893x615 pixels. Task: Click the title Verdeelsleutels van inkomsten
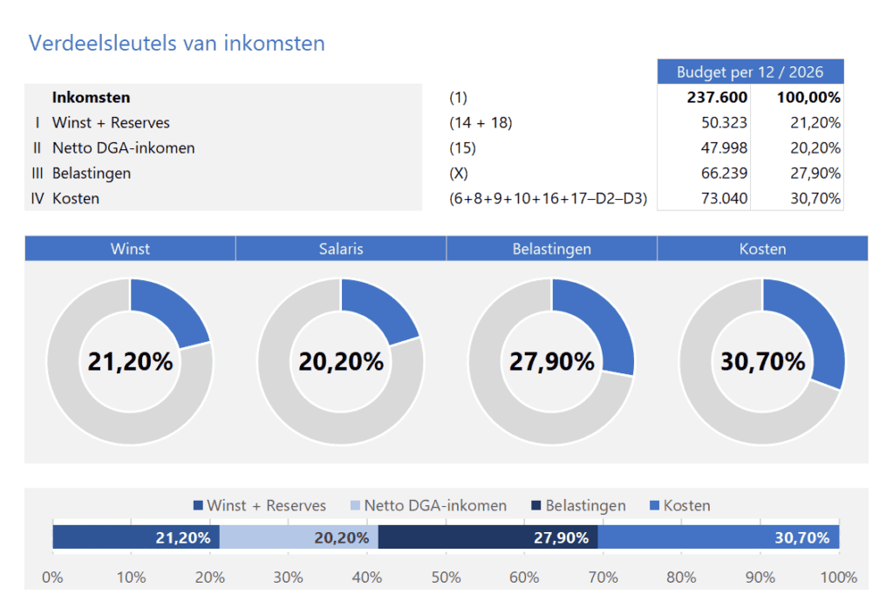point(176,43)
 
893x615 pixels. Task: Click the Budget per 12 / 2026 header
point(750,72)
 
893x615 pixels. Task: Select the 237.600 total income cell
point(717,98)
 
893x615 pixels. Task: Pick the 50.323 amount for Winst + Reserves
point(724,123)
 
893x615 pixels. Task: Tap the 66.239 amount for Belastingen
point(724,174)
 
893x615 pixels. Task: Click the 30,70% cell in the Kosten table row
point(815,199)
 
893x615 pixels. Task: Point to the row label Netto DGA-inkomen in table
point(123,148)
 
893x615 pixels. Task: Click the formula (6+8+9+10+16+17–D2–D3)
point(548,199)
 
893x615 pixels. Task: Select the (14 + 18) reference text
point(481,123)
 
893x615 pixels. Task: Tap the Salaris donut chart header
point(341,249)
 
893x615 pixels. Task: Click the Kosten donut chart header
point(762,249)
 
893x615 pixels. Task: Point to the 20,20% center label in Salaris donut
point(341,361)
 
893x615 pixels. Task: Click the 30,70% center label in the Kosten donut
point(762,361)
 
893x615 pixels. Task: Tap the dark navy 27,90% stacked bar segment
point(487,537)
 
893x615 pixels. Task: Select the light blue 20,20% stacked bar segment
point(298,537)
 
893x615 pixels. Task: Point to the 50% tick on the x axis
point(446,577)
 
